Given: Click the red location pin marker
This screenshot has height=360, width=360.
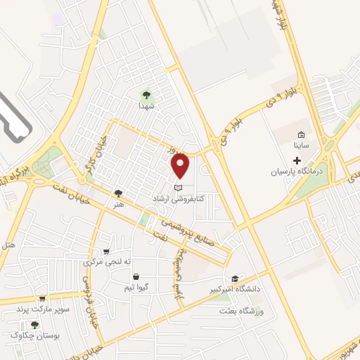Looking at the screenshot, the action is coord(181,165).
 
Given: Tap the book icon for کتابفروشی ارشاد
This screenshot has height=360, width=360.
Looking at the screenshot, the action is coord(179,188).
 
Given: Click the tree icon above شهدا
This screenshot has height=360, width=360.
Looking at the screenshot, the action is coord(146,94).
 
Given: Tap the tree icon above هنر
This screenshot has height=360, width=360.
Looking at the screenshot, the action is coord(117,192).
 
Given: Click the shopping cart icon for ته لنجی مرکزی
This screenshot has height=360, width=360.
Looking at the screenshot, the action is coord(106,251).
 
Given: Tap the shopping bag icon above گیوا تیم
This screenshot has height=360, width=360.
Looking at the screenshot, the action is coord(135,276).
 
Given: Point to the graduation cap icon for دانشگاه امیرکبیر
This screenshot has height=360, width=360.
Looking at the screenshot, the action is coord(234,278).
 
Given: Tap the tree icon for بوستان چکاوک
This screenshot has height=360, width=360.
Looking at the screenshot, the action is coord(34,324).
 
